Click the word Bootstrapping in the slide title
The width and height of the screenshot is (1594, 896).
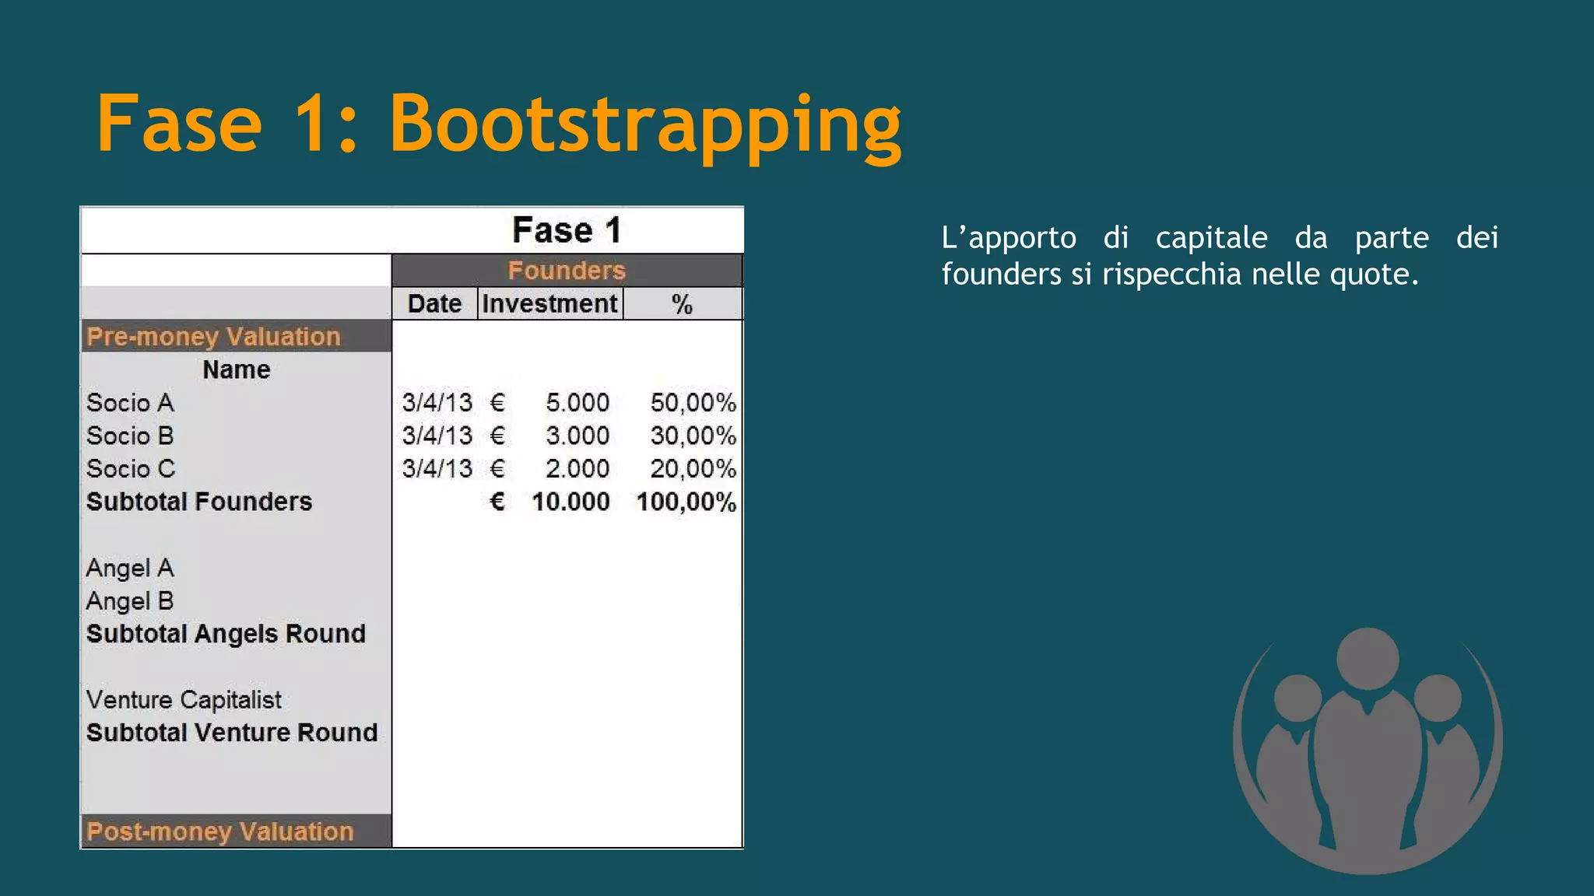tap(645, 124)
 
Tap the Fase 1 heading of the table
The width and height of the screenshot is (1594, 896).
tap(567, 230)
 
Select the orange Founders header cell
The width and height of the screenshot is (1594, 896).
tap(567, 271)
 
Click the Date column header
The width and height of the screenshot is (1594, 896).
tap(434, 303)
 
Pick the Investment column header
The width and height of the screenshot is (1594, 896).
tap(549, 303)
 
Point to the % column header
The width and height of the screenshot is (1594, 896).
tap(682, 304)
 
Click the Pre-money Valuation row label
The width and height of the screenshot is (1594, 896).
tap(213, 337)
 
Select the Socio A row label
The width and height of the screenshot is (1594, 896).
tap(130, 403)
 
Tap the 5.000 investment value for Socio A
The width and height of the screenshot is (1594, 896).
tap(578, 403)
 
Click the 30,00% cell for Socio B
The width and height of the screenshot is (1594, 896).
tap(693, 436)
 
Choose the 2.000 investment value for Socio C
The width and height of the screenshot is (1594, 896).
tap(578, 469)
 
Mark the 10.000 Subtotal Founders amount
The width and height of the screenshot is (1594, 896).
tap(571, 502)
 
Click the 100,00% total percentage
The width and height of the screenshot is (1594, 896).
tap(686, 502)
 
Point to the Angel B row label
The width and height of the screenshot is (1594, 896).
tap(130, 601)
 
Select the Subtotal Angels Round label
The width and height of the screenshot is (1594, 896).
tap(226, 634)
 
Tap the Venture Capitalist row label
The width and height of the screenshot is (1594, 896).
tap(184, 700)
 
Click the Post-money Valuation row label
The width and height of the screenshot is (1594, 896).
tap(220, 831)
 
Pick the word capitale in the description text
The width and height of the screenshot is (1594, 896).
tap(1211, 238)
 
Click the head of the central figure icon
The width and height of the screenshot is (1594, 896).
tap(1368, 658)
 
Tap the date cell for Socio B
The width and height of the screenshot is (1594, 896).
tap(437, 436)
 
